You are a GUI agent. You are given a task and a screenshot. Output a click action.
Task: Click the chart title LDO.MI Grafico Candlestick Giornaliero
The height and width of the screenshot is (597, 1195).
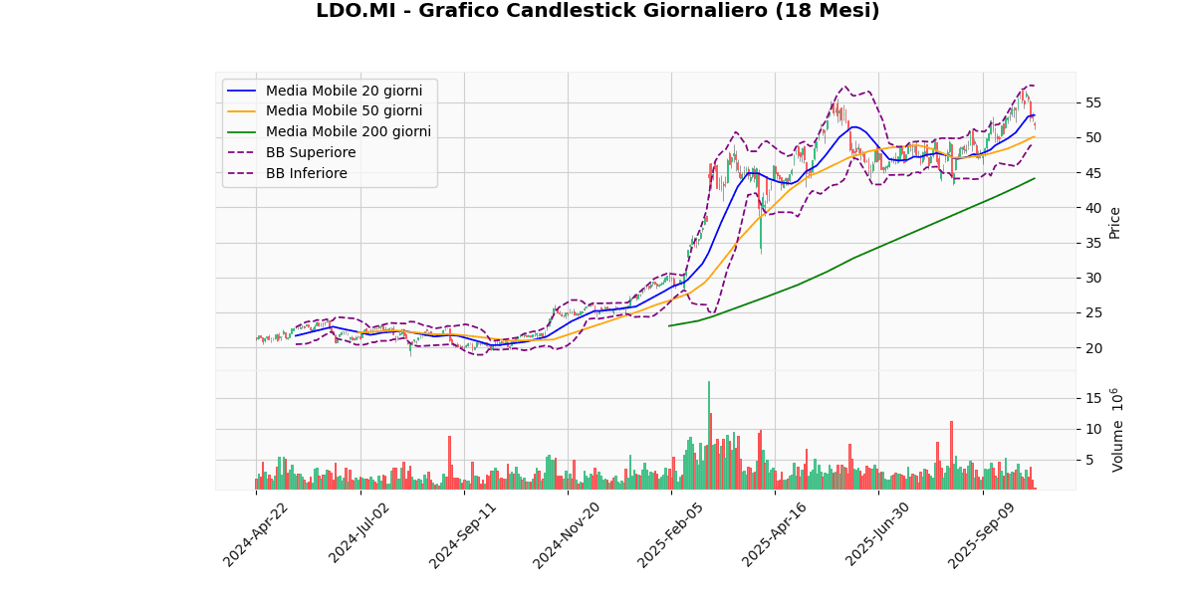597,11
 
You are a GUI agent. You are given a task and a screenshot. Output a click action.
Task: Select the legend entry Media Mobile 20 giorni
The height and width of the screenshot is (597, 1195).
344,91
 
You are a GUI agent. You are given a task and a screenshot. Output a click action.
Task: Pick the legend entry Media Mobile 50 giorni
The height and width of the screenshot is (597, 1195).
344,111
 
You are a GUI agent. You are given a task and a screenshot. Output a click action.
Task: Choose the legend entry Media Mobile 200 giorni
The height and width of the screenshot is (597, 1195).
348,132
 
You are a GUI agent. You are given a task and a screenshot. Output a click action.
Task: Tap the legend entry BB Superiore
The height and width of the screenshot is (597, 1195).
310,153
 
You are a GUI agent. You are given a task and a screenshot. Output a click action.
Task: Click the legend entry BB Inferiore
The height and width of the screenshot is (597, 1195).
307,174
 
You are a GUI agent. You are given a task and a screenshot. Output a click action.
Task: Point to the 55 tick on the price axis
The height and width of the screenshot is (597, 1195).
1092,102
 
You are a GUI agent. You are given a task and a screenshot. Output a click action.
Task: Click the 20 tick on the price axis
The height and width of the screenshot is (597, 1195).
1092,348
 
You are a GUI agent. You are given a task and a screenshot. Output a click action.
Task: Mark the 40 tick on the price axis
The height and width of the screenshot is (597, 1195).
1092,208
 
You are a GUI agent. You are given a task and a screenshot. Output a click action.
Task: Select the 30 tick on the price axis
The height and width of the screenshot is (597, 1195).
1092,278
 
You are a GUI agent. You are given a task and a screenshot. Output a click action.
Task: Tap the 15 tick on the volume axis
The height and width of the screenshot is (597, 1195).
1092,398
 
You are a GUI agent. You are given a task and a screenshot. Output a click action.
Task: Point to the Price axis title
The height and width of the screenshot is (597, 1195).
1114,222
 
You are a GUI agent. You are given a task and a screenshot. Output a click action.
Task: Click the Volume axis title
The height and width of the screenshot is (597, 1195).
1117,430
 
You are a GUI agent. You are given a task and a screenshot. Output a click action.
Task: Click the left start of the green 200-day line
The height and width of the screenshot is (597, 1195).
668,325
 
